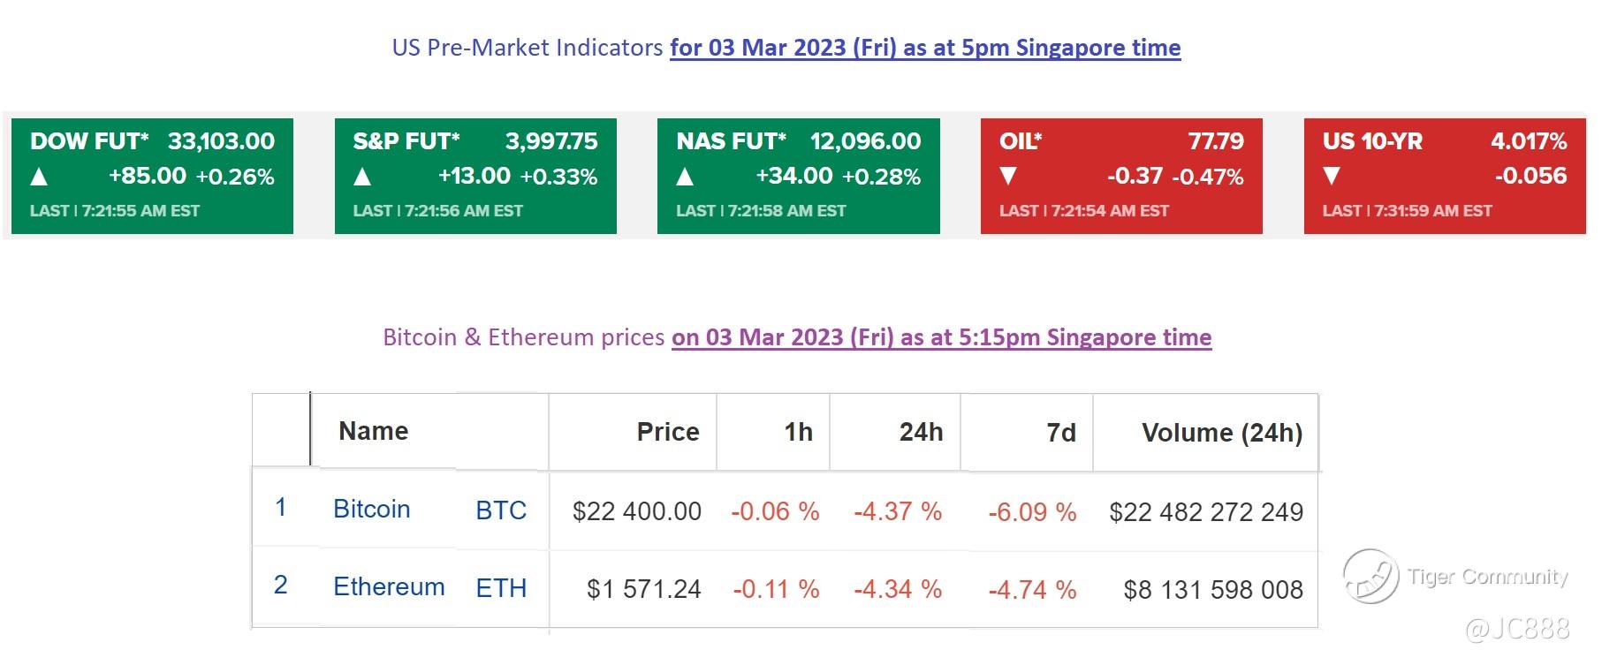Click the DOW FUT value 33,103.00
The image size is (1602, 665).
click(221, 141)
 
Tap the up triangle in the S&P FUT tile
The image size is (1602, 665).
click(361, 178)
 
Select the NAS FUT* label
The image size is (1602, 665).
click(731, 141)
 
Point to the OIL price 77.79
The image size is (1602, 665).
click(1216, 141)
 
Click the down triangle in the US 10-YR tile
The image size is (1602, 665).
click(1332, 177)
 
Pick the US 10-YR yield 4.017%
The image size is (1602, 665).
click(1528, 141)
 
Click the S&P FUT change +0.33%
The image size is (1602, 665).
click(558, 178)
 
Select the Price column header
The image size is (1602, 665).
click(667, 432)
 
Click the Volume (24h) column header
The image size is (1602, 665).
click(1221, 433)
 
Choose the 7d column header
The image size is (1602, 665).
click(1060, 433)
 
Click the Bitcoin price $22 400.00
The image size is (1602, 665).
click(636, 511)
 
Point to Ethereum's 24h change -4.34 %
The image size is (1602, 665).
click(897, 589)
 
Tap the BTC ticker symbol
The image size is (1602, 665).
click(501, 510)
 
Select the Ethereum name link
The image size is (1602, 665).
click(389, 587)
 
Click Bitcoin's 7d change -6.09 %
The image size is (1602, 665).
click(1031, 512)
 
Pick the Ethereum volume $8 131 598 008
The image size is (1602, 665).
click(1212, 590)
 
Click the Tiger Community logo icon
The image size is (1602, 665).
click(1370, 576)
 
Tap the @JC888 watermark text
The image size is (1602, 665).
click(1517, 629)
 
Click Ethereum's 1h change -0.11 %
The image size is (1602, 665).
click(775, 589)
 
